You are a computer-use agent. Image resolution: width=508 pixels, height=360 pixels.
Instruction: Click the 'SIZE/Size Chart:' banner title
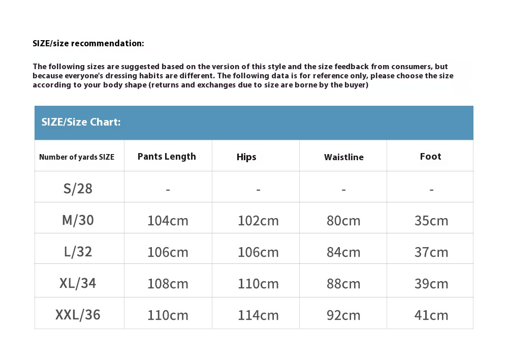[81, 122]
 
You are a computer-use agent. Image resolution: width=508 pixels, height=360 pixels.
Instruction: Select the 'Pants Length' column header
[167, 157]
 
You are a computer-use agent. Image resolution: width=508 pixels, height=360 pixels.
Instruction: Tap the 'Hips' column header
[246, 157]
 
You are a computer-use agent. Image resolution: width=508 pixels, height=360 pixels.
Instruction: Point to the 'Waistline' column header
[344, 157]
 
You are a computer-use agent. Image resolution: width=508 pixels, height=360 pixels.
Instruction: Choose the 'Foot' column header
[430, 157]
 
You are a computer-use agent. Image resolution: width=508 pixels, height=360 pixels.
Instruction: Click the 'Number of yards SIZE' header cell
[77, 157]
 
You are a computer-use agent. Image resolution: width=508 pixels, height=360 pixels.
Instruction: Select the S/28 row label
[78, 189]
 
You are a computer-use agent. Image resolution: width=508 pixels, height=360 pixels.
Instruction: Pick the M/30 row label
[78, 220]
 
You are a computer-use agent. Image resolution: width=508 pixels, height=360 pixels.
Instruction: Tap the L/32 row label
[78, 252]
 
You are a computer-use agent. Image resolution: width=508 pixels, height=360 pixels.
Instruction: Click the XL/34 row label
[78, 283]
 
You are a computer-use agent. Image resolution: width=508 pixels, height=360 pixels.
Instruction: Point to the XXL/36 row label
[78, 315]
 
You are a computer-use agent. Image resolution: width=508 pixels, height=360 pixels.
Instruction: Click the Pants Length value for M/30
[168, 221]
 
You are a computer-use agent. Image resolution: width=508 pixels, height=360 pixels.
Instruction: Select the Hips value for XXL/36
[258, 315]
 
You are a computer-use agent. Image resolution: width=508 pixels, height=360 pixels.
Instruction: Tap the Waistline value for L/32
[343, 252]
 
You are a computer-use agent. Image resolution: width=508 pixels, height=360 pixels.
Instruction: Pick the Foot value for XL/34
[431, 284]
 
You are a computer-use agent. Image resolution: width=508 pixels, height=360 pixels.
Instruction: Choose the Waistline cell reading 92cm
[343, 315]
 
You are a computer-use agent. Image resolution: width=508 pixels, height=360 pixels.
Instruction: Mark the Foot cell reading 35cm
[431, 221]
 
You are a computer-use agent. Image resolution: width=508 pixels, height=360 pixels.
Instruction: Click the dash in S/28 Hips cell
[258, 190]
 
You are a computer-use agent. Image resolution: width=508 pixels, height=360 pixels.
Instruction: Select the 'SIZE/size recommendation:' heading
[88, 43]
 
